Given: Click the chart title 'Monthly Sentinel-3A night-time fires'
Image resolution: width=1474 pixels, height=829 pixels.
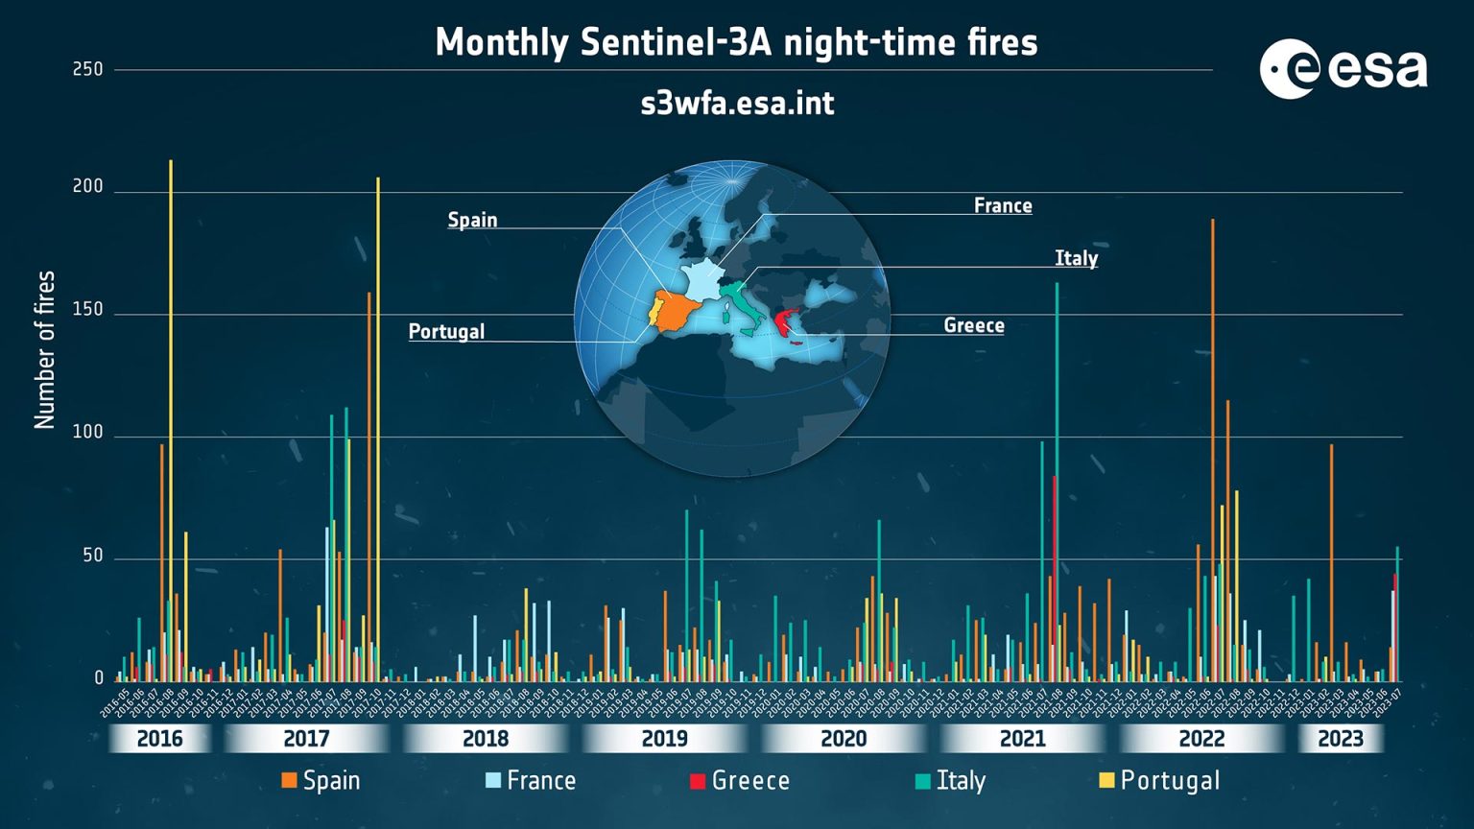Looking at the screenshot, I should point(736,43).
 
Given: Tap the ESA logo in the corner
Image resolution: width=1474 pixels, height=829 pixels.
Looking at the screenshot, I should point(1343,69).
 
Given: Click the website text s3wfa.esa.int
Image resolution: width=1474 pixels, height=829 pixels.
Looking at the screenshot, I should point(737,104).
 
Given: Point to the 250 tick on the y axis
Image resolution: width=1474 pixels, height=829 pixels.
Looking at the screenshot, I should point(87,69).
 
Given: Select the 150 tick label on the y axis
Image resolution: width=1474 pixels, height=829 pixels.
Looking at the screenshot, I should point(87,310).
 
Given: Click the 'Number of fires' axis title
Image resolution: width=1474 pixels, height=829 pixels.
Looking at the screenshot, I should point(45,349).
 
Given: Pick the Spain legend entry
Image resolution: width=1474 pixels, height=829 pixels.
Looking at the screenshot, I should point(321,781).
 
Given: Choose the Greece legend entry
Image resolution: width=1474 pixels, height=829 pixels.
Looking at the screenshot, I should point(740,781).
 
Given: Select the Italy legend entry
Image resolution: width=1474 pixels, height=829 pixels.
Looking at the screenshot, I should point(950,781).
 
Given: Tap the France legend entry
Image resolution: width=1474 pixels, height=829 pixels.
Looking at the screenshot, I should point(531,781).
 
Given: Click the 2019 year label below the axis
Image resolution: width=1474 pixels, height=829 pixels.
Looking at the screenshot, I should point(664,739).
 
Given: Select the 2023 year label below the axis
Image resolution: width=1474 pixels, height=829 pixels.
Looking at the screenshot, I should point(1340,739).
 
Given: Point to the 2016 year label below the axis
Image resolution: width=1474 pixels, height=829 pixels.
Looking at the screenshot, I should point(159,739).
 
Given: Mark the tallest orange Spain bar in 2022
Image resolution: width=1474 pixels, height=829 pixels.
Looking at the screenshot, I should point(1212,432).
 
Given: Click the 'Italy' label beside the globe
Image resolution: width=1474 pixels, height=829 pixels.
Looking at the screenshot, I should point(1076,258).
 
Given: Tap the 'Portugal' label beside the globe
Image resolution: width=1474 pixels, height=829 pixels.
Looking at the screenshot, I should point(446,332).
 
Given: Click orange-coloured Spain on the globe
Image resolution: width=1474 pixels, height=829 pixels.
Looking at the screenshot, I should point(680,311).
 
